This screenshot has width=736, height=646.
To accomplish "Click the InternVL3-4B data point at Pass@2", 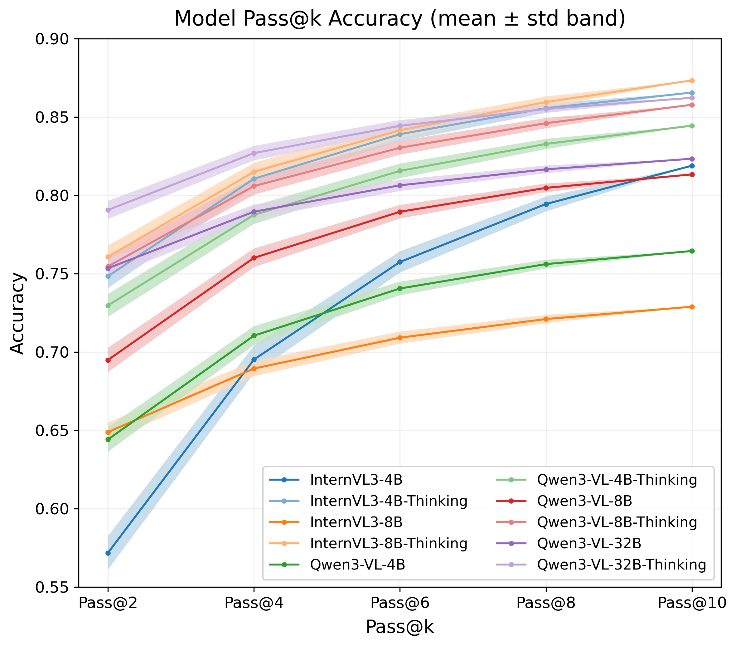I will pos(108,553).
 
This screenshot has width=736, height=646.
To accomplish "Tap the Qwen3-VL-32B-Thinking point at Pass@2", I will pos(108,210).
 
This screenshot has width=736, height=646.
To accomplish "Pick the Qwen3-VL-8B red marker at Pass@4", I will pos(254,258).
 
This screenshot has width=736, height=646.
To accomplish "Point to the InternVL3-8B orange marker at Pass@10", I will pos(692,307).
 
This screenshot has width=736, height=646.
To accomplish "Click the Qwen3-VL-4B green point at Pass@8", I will pos(546,264).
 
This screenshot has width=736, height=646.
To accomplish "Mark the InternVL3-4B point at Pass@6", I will pos(400,262).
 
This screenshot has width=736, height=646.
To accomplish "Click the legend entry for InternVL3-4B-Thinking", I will pos(389,501).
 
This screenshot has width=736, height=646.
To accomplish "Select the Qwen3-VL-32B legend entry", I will pos(589,543).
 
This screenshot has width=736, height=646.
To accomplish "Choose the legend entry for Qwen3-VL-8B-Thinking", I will pos(617,522).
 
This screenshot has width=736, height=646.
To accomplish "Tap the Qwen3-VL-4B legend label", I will pos(358,565).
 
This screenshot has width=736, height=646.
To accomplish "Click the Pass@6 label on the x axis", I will pos(400,603).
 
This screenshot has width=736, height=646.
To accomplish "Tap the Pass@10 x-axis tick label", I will pos(692,603).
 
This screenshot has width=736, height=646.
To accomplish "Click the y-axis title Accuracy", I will pos(17,313).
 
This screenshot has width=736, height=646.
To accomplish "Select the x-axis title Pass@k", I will pos(400,627).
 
